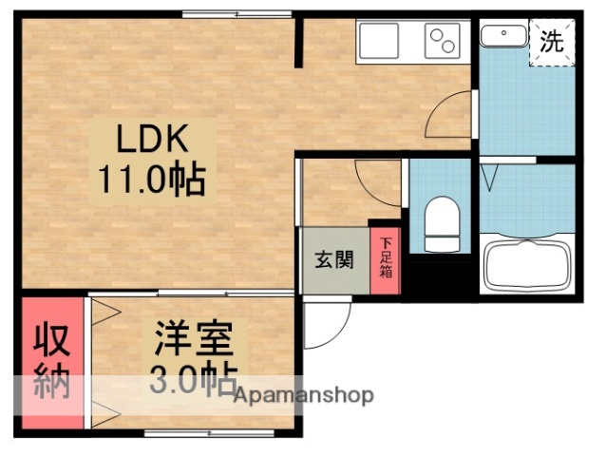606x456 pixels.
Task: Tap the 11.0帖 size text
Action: [152, 178]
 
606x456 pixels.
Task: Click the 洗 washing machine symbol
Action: [552, 42]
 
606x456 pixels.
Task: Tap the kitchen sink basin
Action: [378, 42]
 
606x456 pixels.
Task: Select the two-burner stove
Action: [445, 42]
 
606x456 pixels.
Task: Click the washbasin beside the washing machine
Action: [502, 36]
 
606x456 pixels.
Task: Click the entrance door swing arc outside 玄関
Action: [327, 324]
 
